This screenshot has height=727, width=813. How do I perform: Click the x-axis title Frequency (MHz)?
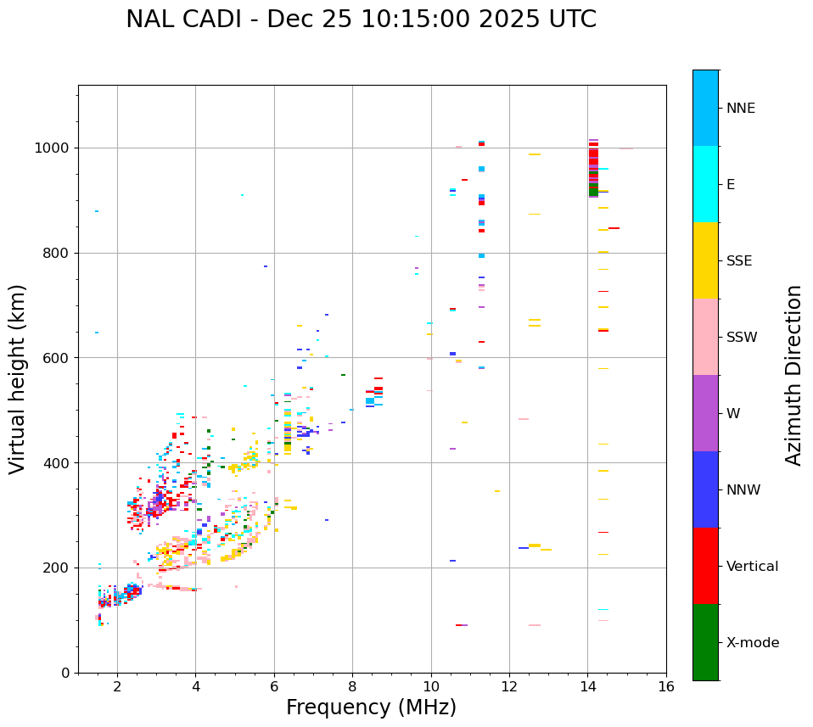pyautogui.click(x=371, y=707)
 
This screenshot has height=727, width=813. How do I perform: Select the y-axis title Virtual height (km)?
pyautogui.click(x=18, y=378)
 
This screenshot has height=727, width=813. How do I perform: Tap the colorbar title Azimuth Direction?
pyautogui.click(x=793, y=375)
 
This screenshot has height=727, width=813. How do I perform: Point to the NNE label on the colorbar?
pyautogui.click(x=740, y=109)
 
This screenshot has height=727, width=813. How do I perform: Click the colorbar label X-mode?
pyautogui.click(x=752, y=643)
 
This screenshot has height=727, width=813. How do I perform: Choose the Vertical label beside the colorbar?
pyautogui.click(x=752, y=567)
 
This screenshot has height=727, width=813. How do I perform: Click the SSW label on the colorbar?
pyautogui.click(x=741, y=338)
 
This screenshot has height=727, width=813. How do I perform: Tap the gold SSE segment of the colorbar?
pyautogui.click(x=705, y=260)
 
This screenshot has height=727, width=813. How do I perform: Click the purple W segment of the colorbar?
pyautogui.click(x=705, y=413)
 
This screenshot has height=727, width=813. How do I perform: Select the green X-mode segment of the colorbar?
pyautogui.click(x=705, y=642)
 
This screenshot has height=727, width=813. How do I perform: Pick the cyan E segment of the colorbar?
pyautogui.click(x=705, y=184)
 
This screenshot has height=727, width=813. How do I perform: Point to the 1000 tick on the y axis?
pyautogui.click(x=53, y=148)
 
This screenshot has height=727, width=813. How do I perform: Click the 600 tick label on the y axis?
pyautogui.click(x=56, y=358)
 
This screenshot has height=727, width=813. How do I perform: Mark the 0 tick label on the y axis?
pyautogui.click(x=64, y=673)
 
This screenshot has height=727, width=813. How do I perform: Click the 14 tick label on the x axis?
pyautogui.click(x=587, y=686)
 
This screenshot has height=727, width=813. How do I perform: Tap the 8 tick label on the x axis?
pyautogui.click(x=352, y=686)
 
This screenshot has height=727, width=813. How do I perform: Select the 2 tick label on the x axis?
pyautogui.click(x=117, y=686)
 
